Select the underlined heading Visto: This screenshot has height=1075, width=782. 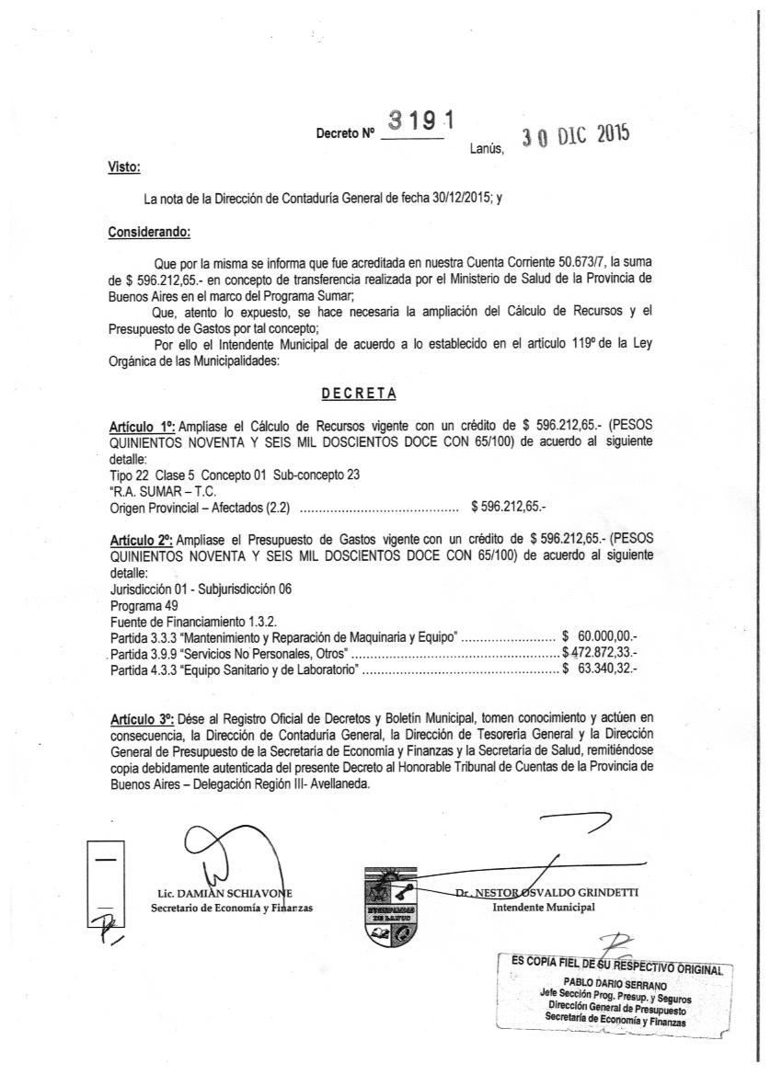click(124, 167)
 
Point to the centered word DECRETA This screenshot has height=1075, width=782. click(359, 394)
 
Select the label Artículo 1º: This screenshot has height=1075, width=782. click(143, 427)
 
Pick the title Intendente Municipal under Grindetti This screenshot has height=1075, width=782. click(544, 907)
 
